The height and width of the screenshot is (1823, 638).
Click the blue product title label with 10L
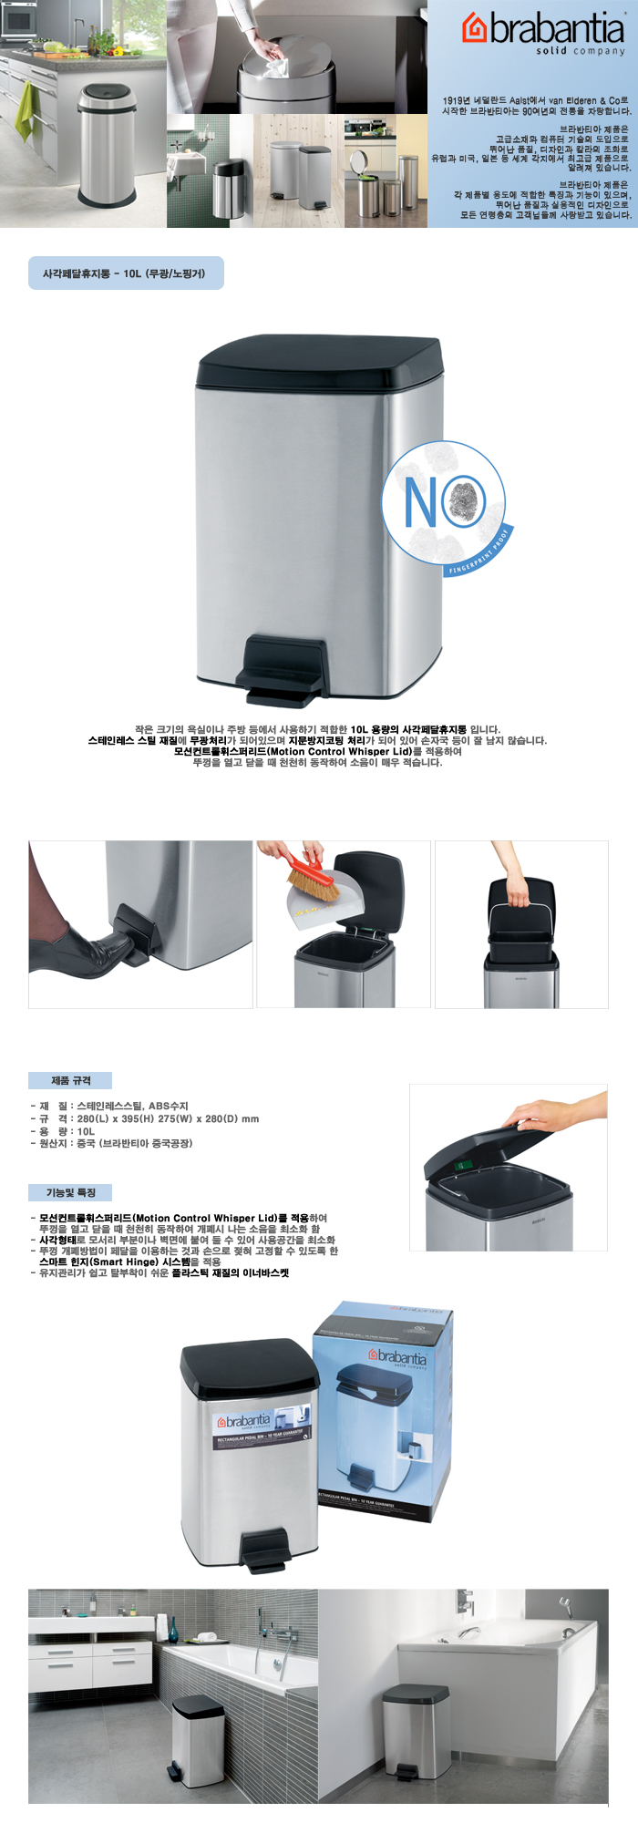[x=126, y=273]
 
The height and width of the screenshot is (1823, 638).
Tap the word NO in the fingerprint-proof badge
[x=427, y=500]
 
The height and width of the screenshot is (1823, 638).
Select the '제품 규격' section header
[x=70, y=1080]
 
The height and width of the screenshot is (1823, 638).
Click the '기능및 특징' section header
[x=70, y=1192]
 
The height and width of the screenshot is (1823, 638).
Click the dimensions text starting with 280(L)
[x=168, y=1118]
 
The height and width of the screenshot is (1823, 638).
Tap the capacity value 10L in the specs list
[x=86, y=1131]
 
